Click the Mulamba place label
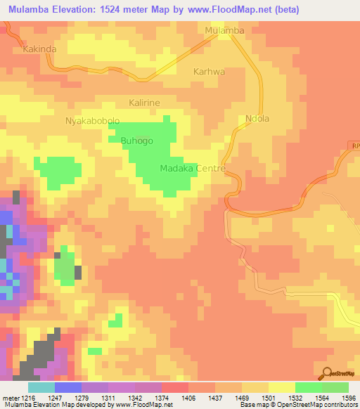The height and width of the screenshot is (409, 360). pos(224,31)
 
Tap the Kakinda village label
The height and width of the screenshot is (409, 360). pos(39,49)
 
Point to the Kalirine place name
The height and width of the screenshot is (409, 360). pos(144,103)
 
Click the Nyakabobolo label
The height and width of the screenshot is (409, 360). pos(94,121)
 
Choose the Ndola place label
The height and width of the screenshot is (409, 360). pos(257,119)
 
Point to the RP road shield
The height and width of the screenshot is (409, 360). pos(354,145)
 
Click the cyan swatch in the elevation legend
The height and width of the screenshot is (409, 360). pos(41,387)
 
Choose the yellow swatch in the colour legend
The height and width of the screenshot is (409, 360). pos(281,387)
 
